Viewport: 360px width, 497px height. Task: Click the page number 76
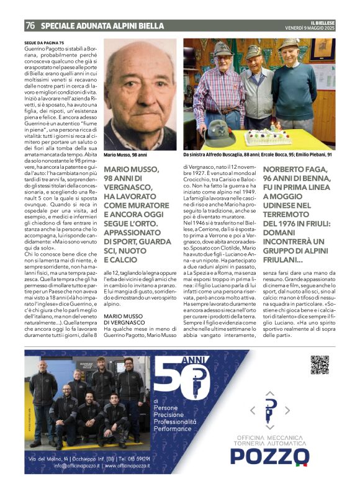[x=30, y=25]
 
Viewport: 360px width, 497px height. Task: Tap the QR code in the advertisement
[x=319, y=365]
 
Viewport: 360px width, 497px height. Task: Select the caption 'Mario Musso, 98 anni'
[x=125, y=154]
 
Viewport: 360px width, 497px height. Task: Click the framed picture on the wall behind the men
[x=322, y=51]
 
